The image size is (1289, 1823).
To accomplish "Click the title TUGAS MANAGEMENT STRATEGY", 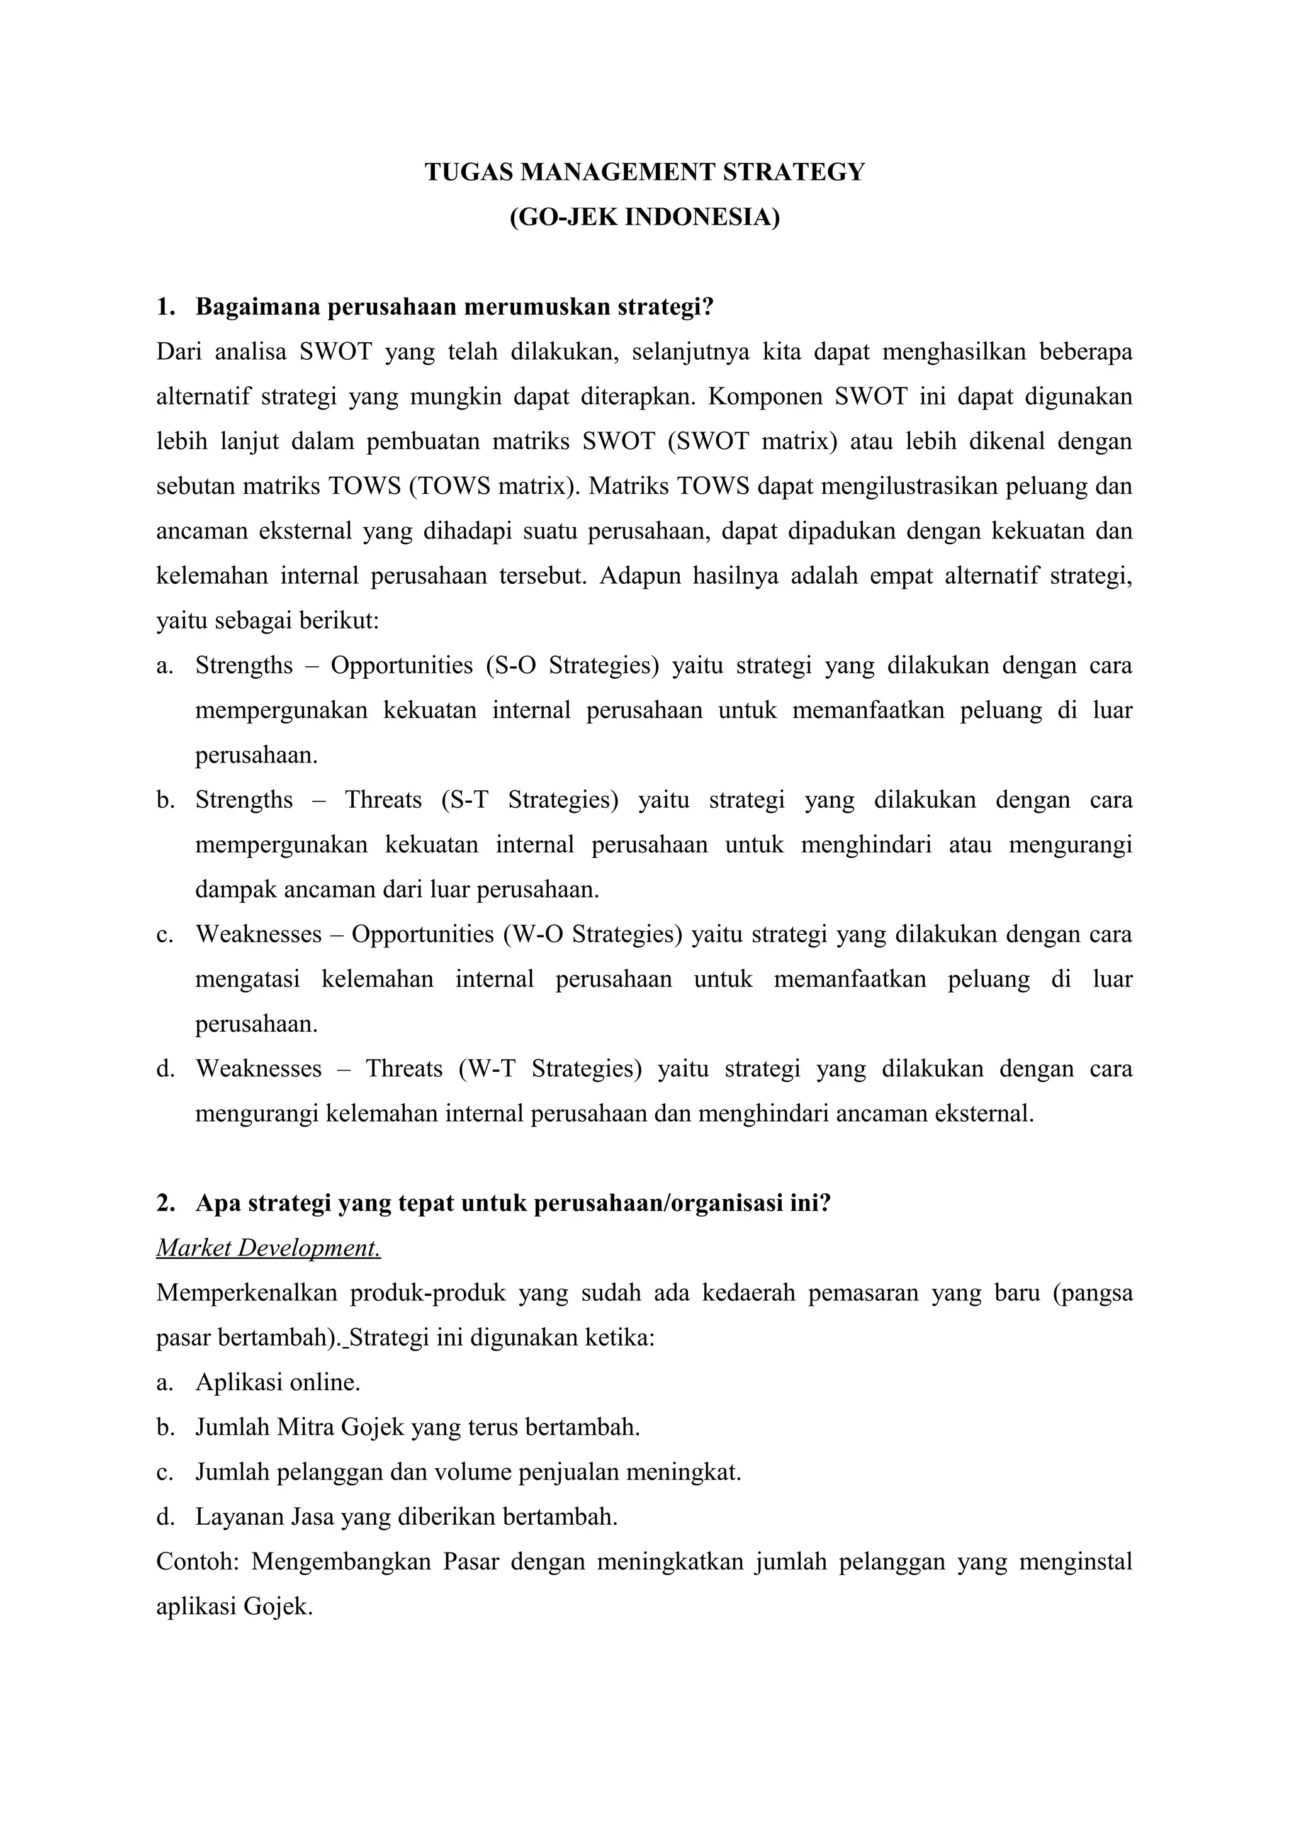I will pos(644,172).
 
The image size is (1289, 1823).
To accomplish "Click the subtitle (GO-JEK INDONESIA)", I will pos(644,217).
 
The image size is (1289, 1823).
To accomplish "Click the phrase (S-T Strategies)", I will pos(529,800).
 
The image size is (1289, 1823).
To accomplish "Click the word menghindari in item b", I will pos(865,845).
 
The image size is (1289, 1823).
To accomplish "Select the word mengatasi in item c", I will pos(248,979).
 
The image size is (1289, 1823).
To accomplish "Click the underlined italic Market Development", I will pos(269,1248).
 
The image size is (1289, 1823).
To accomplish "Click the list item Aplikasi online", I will pos(278,1382).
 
